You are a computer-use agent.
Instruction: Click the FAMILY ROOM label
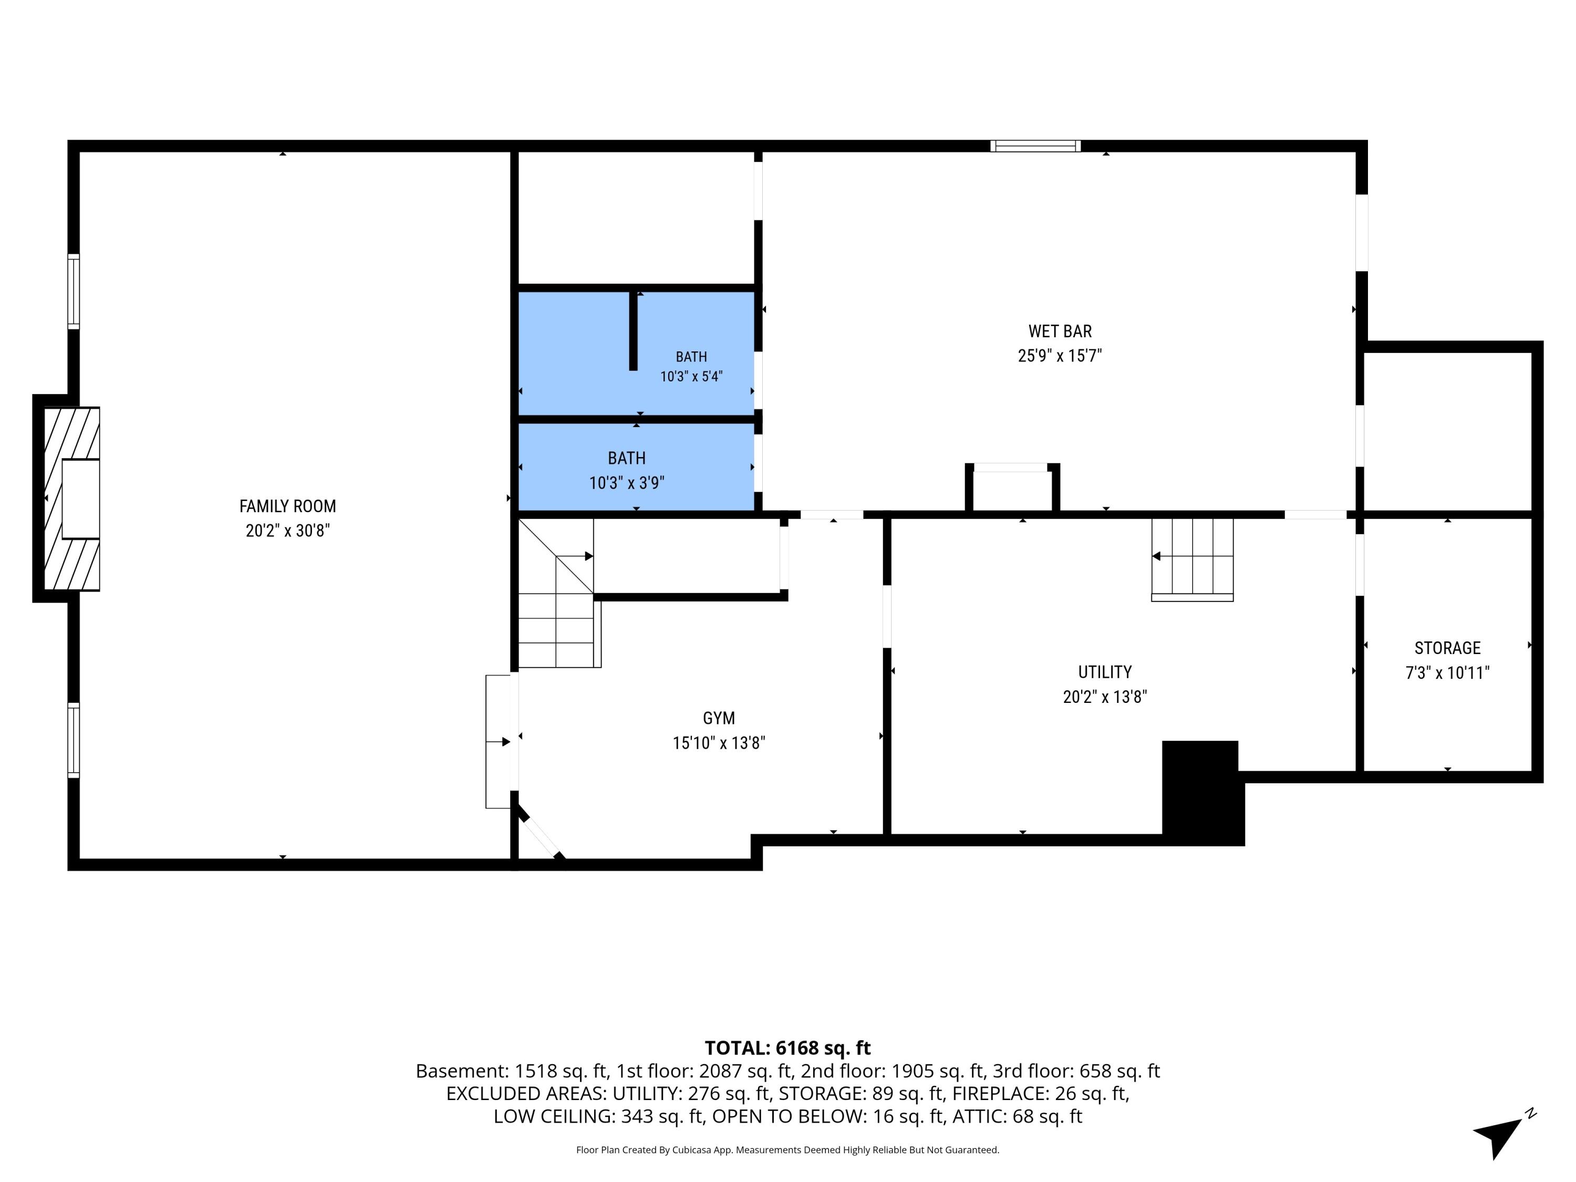click(x=287, y=506)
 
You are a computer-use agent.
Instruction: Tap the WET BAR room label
click(x=1060, y=331)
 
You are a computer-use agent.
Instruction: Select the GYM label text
click(x=718, y=718)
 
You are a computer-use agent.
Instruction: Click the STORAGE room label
click(x=1447, y=648)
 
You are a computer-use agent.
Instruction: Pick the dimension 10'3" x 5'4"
click(x=691, y=376)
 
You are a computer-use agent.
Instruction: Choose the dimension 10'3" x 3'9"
click(x=626, y=483)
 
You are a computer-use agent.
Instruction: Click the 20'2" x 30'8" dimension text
click(x=287, y=531)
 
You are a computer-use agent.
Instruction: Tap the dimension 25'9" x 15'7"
click(x=1060, y=356)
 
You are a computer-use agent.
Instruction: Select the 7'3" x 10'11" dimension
click(x=1447, y=672)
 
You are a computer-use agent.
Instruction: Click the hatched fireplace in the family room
click(x=72, y=499)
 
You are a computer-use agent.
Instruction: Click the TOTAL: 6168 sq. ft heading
click(x=787, y=1048)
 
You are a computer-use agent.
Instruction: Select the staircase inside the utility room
click(x=1192, y=560)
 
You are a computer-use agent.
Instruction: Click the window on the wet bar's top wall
click(x=1035, y=146)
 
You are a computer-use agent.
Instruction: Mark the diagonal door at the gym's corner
click(x=541, y=834)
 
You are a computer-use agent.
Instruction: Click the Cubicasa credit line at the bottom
click(x=787, y=1149)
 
